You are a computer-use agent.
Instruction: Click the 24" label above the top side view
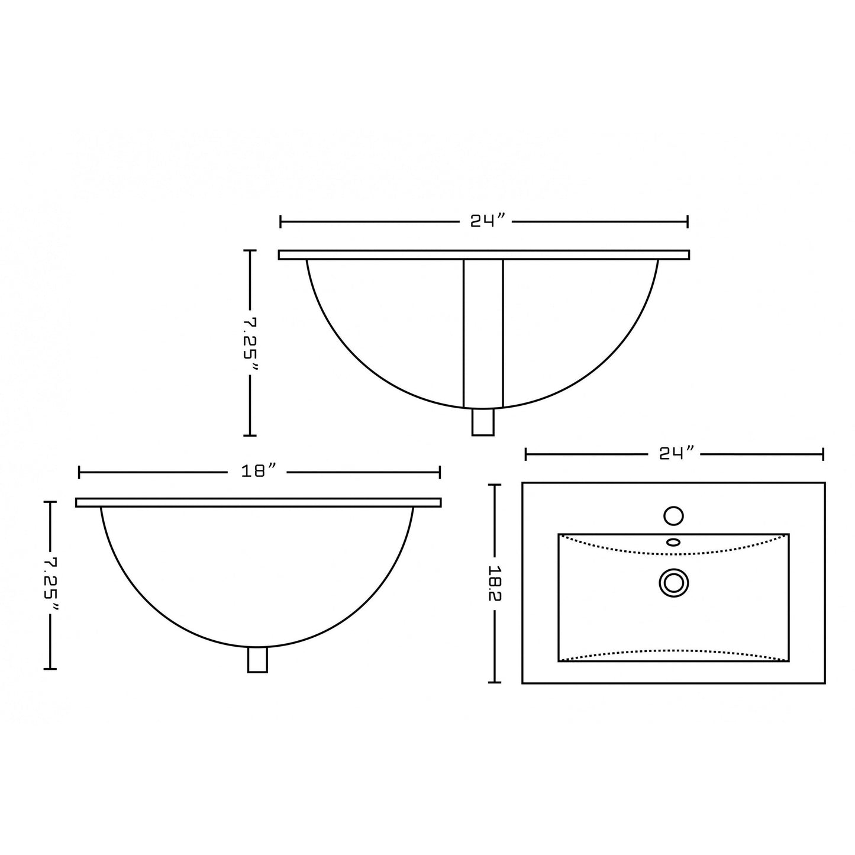coord(488,221)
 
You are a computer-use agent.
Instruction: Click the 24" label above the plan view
coord(676,454)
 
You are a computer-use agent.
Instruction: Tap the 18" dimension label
coord(259,472)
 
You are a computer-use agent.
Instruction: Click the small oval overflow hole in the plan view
coord(673,542)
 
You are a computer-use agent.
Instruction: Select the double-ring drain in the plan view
coord(673,582)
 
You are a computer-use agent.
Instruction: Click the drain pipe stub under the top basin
coord(483,422)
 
